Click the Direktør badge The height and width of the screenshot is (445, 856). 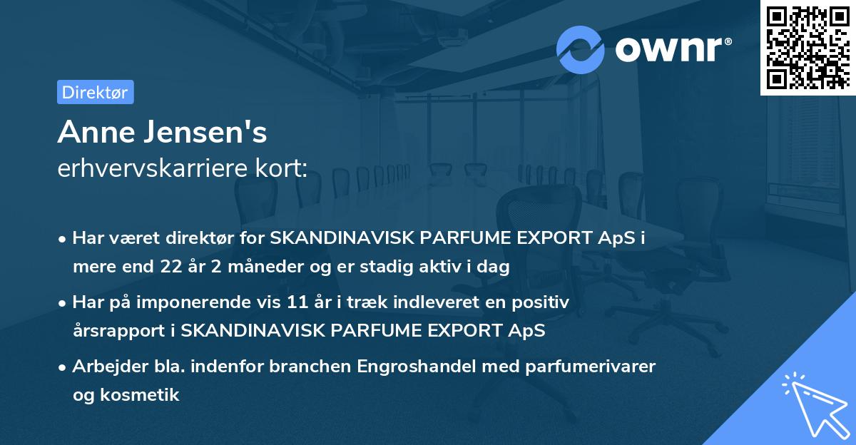95,92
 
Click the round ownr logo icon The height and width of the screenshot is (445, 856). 581,49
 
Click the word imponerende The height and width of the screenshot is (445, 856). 213,302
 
